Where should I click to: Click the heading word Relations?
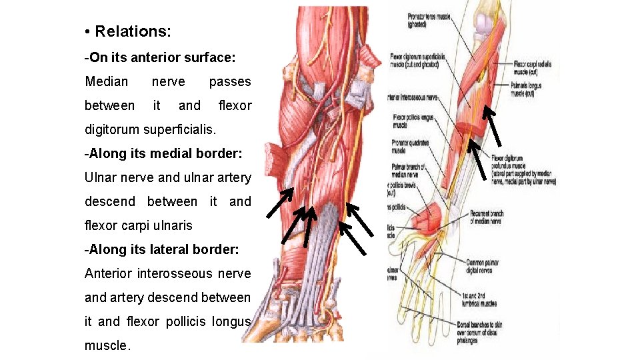133,31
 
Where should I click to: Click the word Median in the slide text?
107,81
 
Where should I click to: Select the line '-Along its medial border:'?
163,153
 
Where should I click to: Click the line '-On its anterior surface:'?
160,58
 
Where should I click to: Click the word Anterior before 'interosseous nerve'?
108,273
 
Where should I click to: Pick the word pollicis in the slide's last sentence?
185,321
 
